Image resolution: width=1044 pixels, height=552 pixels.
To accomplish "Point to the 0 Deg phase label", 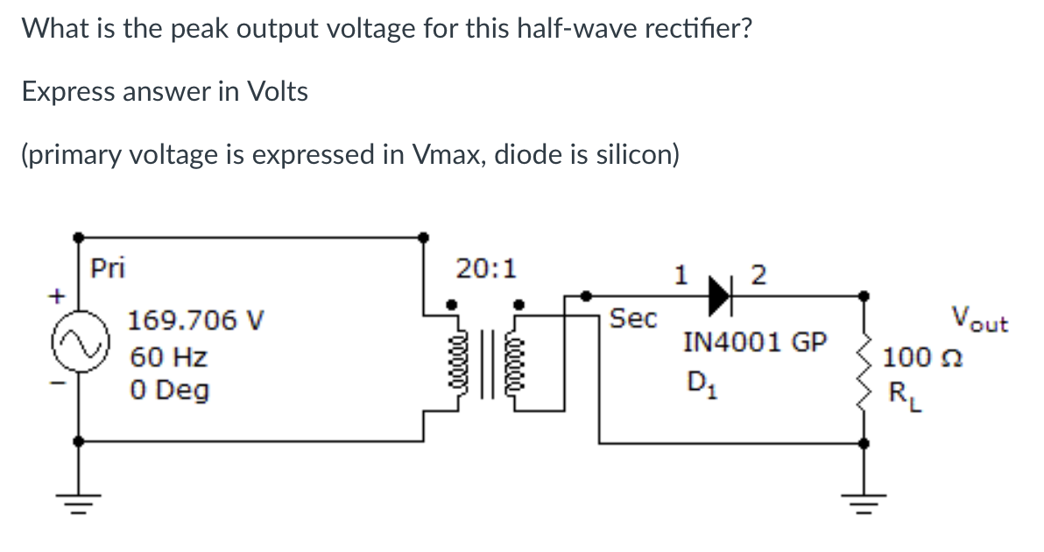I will point(170,390).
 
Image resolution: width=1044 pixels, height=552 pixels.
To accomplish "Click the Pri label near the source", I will point(109,268).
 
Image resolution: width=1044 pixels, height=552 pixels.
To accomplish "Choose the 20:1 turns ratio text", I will point(486,268).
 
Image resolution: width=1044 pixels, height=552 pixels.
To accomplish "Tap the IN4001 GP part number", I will point(754,342).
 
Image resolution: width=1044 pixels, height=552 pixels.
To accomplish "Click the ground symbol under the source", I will point(79,504).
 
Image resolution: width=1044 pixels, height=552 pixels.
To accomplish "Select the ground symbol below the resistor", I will point(864,504).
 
